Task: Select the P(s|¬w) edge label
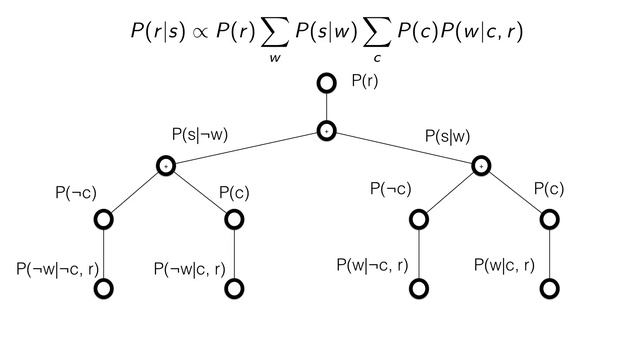point(200,134)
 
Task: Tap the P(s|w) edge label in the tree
point(447,134)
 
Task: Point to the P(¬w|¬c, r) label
point(56,268)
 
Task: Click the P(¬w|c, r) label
point(188,268)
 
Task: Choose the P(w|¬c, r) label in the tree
point(372,265)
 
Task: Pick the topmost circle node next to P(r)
point(326,83)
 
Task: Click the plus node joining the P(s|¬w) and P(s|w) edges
point(326,130)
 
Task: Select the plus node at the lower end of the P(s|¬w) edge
point(167,165)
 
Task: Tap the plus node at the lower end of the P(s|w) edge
point(482,165)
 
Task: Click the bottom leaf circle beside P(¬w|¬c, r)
point(103,289)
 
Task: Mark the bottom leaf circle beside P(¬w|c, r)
point(234,289)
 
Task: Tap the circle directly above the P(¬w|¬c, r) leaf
point(103,218)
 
